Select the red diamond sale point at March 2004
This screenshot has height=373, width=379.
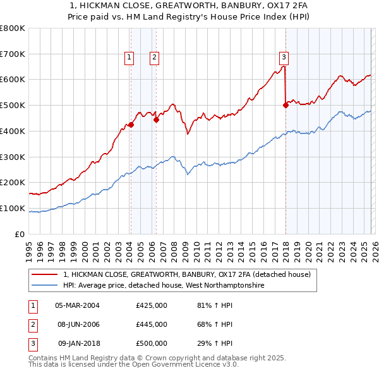pyautogui.click(x=131, y=125)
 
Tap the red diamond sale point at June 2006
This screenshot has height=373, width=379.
pyautogui.click(x=156, y=119)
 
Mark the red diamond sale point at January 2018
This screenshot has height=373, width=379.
pyautogui.click(x=286, y=106)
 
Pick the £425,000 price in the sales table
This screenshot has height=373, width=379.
pyautogui.click(x=152, y=305)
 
